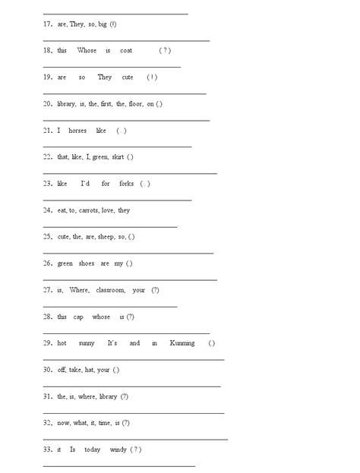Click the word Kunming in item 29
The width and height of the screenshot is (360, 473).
click(x=182, y=343)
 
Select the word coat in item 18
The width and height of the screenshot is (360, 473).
click(x=126, y=51)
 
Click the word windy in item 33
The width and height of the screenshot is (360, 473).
click(x=118, y=449)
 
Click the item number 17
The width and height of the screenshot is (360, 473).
click(x=47, y=24)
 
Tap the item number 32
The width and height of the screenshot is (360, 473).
click(x=47, y=423)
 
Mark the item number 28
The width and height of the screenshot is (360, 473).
click(x=47, y=317)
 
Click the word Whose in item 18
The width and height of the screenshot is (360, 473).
click(x=87, y=51)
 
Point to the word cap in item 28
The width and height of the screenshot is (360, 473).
click(x=78, y=317)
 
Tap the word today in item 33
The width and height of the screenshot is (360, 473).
click(x=92, y=449)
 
